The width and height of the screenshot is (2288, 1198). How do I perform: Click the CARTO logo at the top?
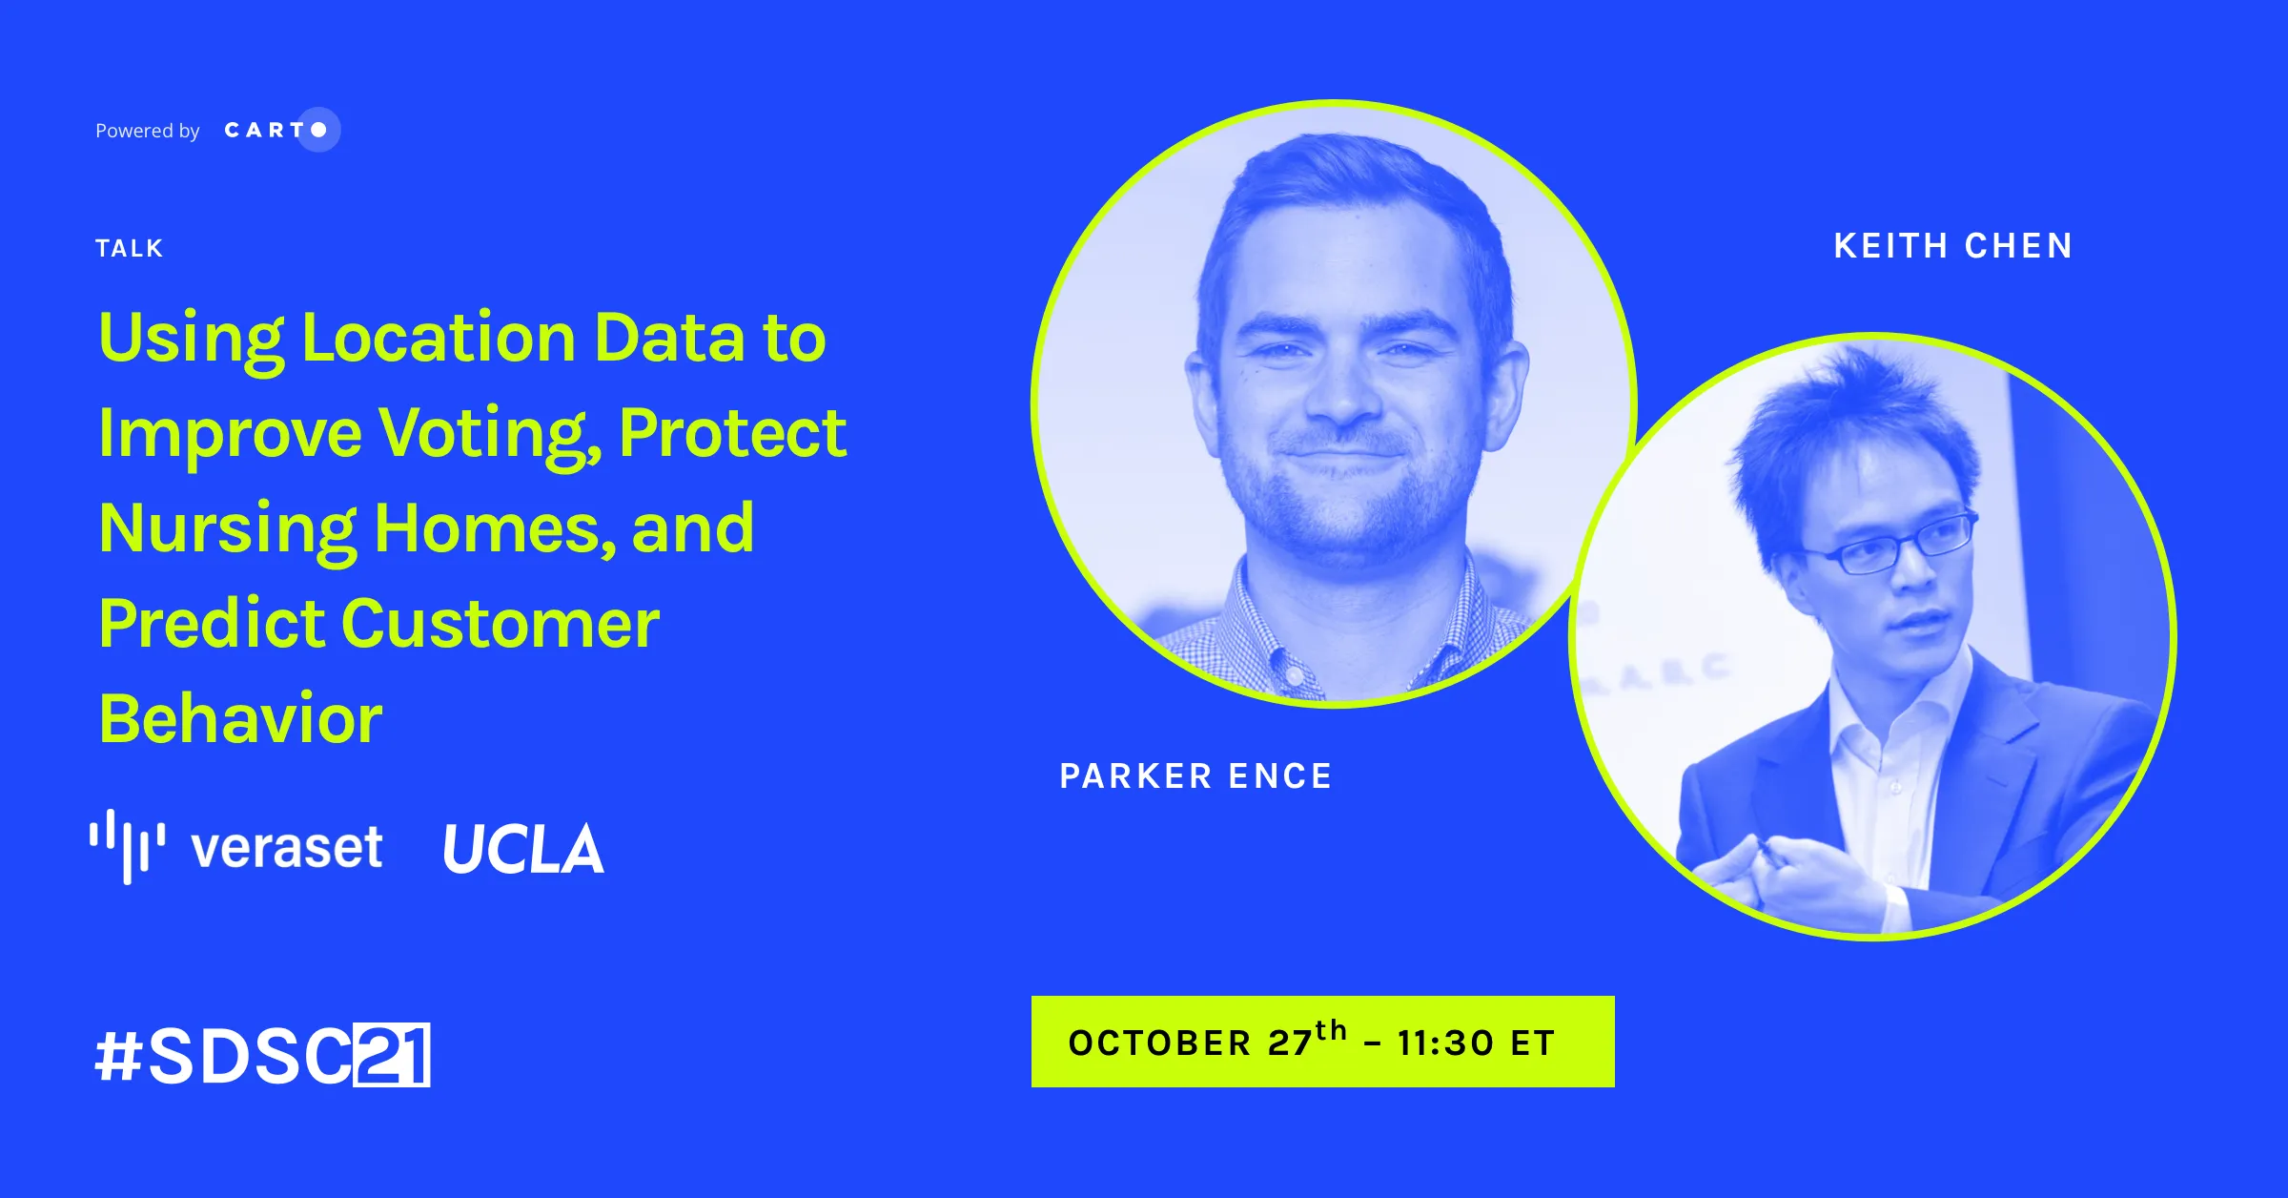point(282,130)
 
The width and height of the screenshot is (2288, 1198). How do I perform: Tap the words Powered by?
point(148,131)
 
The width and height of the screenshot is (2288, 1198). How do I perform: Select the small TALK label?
point(130,248)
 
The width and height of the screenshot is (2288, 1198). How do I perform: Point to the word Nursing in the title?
point(228,529)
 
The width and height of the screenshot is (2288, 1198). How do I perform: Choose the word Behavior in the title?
point(241,718)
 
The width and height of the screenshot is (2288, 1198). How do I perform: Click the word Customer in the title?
point(500,624)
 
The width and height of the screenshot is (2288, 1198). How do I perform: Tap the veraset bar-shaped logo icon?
point(127,846)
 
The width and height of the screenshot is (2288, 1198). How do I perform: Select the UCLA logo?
point(523,848)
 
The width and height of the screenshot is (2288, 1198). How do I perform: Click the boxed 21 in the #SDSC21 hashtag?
point(392,1055)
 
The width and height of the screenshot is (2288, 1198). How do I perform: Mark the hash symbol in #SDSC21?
point(119,1056)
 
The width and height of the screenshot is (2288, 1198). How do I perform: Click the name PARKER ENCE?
point(1195,776)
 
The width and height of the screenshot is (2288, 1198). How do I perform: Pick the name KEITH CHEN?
point(1953,246)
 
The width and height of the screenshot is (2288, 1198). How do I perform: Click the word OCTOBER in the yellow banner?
point(1159,1043)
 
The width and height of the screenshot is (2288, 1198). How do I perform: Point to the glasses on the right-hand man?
point(1892,544)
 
